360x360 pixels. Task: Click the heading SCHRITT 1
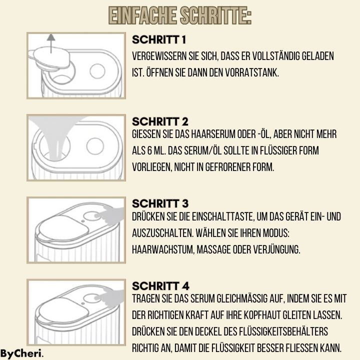[x=159, y=39]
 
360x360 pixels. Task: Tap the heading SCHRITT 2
[x=160, y=121]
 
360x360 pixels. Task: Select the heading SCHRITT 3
[x=160, y=203]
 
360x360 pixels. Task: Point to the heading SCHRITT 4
[x=160, y=286]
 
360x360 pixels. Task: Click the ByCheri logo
[x=22, y=354]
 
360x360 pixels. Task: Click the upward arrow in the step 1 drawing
[x=51, y=43]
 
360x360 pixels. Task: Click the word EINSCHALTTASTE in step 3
[x=223, y=216]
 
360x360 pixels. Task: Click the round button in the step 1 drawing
[x=97, y=71]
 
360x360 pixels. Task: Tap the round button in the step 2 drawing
[x=95, y=146]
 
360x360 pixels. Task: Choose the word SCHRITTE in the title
[x=215, y=15]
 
